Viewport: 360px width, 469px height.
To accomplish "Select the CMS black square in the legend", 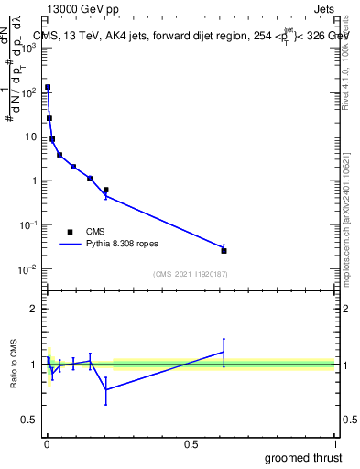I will [x=70, y=232].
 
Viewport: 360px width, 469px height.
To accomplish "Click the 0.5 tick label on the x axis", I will [x=191, y=443].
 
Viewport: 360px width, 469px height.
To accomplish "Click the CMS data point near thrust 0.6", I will [x=224, y=250].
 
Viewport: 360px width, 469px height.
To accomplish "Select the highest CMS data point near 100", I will [x=48, y=87].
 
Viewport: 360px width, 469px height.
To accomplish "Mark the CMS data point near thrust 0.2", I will [x=105, y=190].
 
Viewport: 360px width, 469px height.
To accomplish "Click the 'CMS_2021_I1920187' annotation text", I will [x=191, y=274].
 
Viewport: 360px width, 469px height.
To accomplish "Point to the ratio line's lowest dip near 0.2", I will [x=105, y=389].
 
